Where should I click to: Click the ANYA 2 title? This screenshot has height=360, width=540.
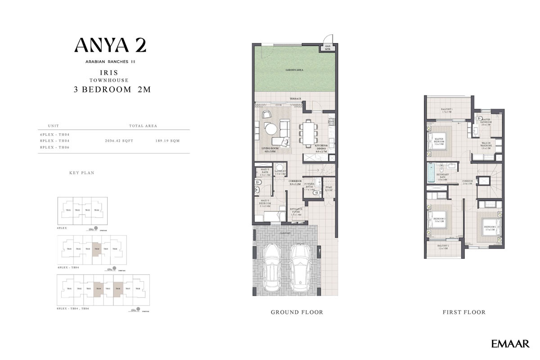tap(110, 45)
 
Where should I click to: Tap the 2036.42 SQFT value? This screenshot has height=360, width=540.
tap(119, 141)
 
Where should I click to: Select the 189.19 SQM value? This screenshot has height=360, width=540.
tap(167, 141)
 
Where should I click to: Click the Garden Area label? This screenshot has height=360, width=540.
tap(294, 71)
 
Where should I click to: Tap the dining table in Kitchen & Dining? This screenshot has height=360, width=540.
tap(308, 133)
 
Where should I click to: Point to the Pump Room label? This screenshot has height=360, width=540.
tap(328, 188)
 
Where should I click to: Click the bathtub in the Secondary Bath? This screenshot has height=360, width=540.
tap(431, 172)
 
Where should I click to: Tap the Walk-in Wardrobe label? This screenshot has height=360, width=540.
tap(485, 144)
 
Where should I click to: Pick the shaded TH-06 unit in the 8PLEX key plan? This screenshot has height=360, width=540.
tap(118, 288)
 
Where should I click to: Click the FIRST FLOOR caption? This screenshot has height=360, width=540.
tap(464, 312)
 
